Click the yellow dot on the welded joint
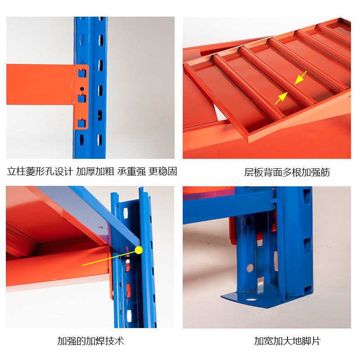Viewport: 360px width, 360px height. (139, 250)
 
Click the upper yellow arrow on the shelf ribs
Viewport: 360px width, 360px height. (300, 77)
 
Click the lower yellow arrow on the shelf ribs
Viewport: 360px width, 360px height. (281, 98)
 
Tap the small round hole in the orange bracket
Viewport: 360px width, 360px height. (82, 89)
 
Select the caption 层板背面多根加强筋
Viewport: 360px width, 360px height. (287, 172)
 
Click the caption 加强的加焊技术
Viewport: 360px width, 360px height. (90, 341)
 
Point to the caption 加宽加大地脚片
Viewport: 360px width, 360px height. (287, 341)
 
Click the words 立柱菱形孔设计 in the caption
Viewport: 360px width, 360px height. (40, 171)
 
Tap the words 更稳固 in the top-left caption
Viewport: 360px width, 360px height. (163, 171)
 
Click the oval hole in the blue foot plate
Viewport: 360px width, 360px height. (251, 299)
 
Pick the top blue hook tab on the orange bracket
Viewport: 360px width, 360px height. (82, 73)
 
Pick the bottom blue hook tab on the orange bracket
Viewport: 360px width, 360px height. (81, 123)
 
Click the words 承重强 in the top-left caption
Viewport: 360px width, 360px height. (131, 171)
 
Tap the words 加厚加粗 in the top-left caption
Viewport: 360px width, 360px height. (95, 171)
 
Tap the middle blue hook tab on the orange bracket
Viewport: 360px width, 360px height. (82, 98)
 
